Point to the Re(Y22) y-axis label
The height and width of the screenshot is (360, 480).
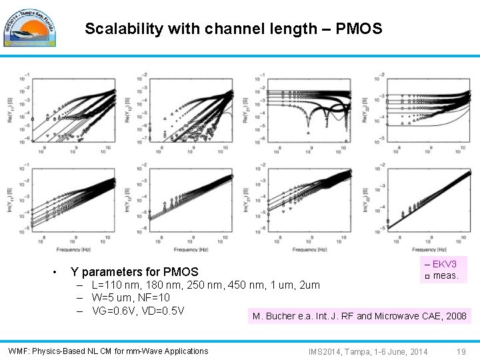coord(365,106)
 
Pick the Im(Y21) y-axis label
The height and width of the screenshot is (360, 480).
coord(245,201)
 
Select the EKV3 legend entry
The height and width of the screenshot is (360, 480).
coord(441,265)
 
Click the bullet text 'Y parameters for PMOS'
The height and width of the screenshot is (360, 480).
coord(134,272)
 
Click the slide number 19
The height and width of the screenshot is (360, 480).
coord(461,351)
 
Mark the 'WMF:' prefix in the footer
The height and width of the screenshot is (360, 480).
coord(18,351)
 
